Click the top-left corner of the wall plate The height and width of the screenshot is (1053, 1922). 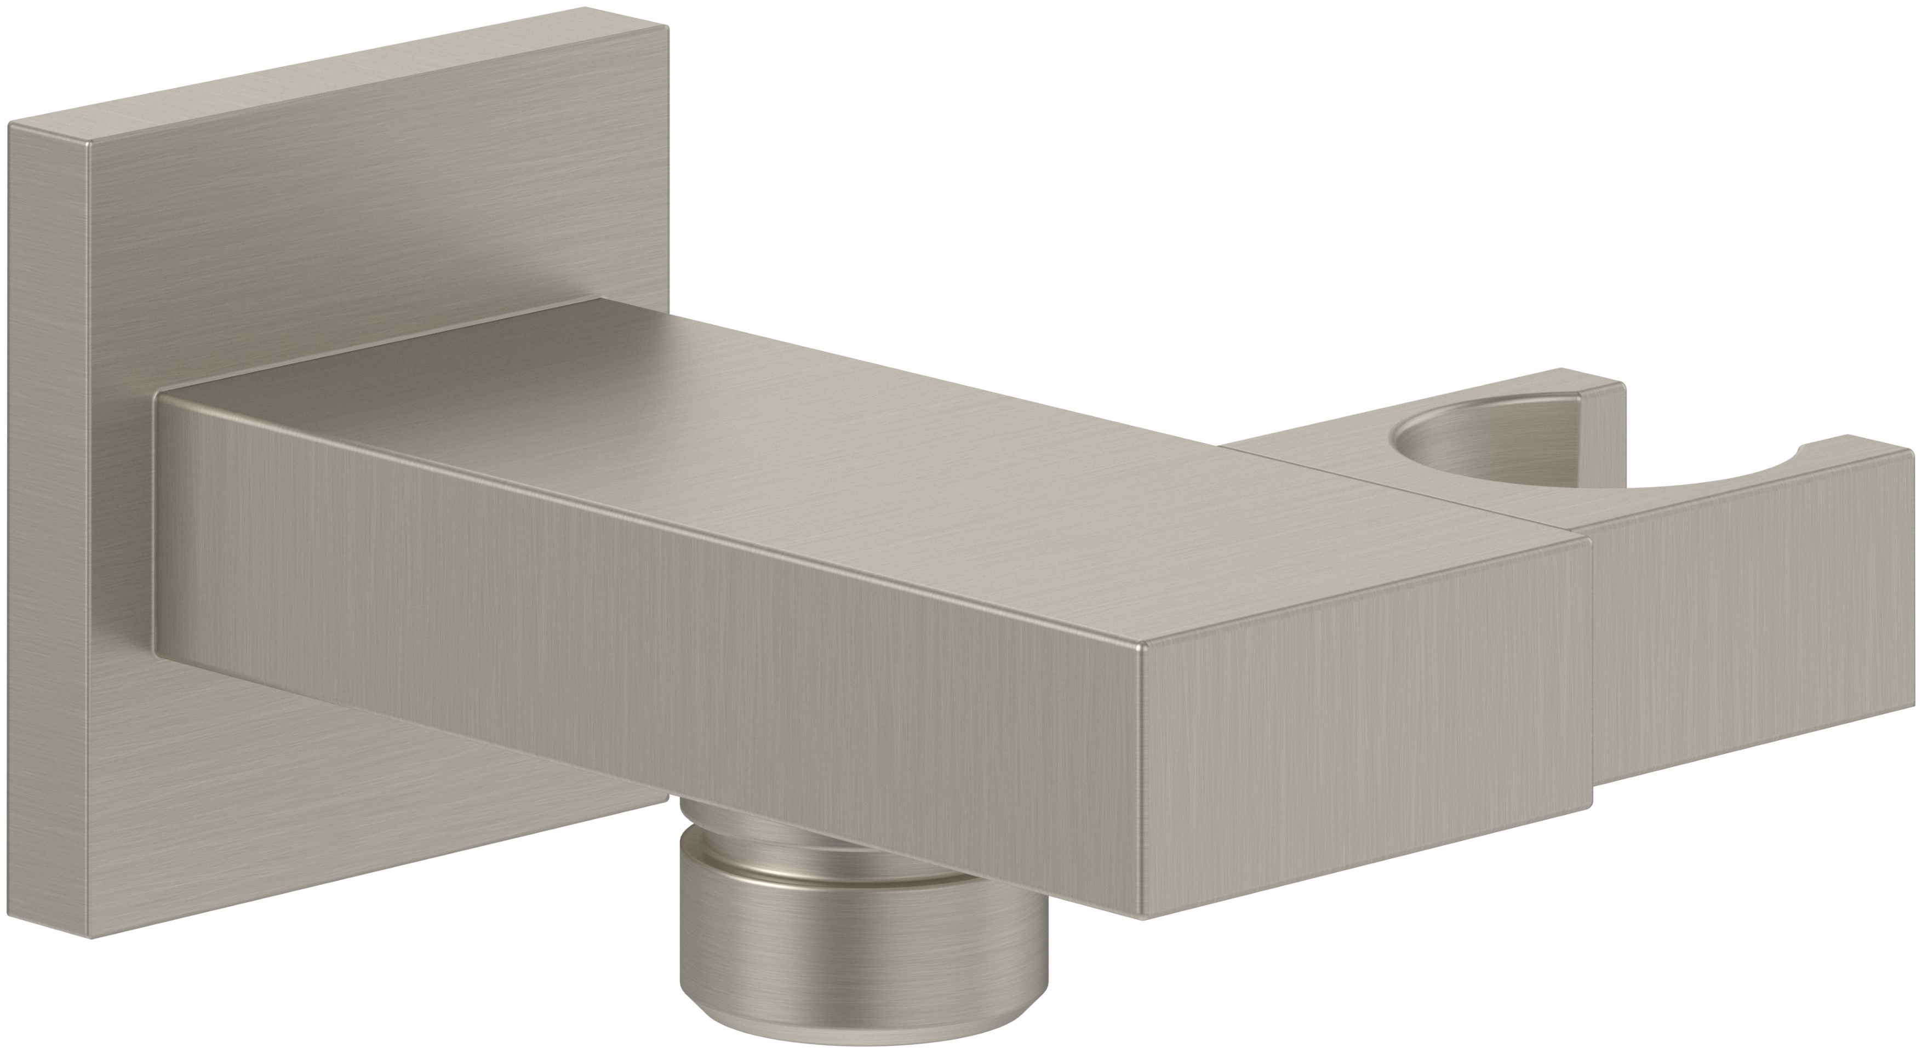click(x=10, y=124)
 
